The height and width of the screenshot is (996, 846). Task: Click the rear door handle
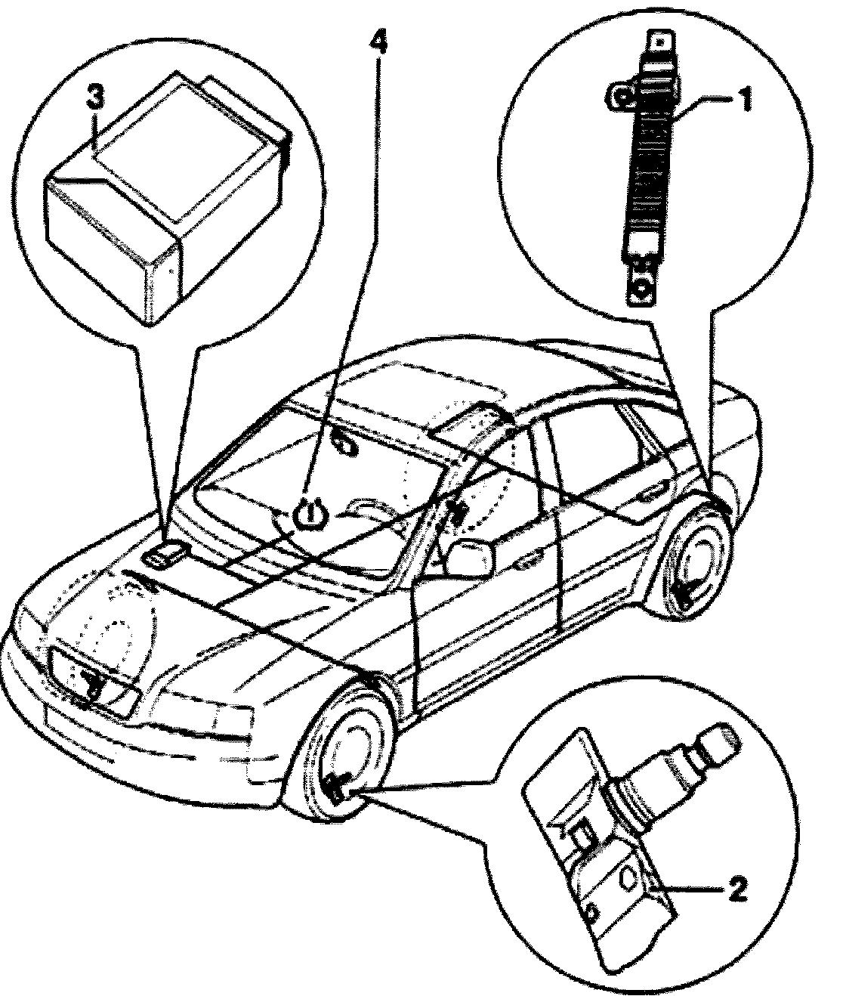point(648,495)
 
